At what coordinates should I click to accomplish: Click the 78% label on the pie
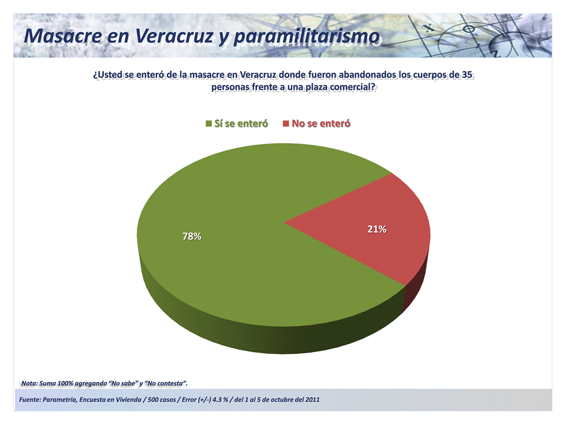coord(192,236)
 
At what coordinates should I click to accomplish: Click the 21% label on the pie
coord(377,229)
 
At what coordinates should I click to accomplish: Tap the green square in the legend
coord(209,123)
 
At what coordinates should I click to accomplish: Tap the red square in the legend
coord(286,123)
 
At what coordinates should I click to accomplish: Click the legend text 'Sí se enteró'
coord(241,123)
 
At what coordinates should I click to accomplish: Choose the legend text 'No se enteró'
coord(321,123)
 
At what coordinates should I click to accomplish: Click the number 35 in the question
coord(467,75)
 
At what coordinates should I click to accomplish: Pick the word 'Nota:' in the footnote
coord(29,383)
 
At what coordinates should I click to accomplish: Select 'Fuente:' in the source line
coord(29,399)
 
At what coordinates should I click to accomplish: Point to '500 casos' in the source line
coord(162,399)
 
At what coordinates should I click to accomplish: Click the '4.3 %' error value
coord(220,399)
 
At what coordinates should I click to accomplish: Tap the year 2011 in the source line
coord(312,399)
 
